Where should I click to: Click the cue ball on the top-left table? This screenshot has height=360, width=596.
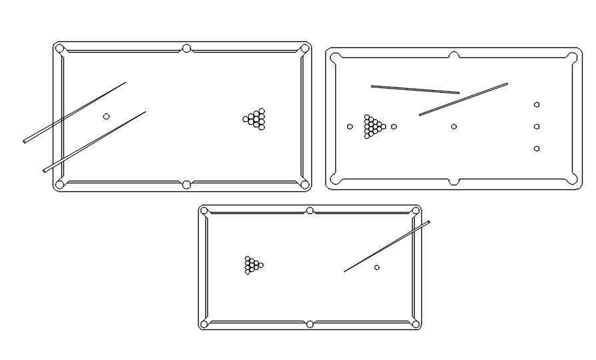pyautogui.click(x=106, y=117)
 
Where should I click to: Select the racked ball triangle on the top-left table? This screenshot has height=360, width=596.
pyautogui.click(x=255, y=119)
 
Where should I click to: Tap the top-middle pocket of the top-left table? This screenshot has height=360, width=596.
pyautogui.click(x=186, y=49)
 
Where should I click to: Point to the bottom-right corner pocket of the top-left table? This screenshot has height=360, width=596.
pyautogui.click(x=305, y=184)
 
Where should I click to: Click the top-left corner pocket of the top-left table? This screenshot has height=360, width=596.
pyautogui.click(x=60, y=49)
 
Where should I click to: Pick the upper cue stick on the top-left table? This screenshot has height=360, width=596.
pyautogui.click(x=75, y=112)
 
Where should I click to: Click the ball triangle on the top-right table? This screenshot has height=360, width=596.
pyautogui.click(x=373, y=126)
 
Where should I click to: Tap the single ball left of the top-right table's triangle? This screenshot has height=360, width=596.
pyautogui.click(x=350, y=127)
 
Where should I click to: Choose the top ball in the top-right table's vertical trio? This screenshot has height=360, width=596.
pyautogui.click(x=537, y=105)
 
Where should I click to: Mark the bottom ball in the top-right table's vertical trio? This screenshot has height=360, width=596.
pyautogui.click(x=537, y=149)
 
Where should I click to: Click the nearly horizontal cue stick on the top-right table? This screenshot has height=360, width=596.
pyautogui.click(x=415, y=89)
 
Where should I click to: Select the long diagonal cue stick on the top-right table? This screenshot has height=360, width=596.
pyautogui.click(x=463, y=99)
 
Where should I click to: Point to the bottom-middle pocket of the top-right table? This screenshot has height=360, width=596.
pyautogui.click(x=453, y=181)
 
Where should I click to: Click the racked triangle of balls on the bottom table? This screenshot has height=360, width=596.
pyautogui.click(x=253, y=265)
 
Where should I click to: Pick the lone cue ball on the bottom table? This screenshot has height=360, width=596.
pyautogui.click(x=377, y=267)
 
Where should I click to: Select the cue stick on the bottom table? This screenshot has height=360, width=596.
pyautogui.click(x=387, y=247)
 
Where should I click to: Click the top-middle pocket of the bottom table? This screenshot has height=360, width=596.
pyautogui.click(x=309, y=211)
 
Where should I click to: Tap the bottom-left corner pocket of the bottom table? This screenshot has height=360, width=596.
pyautogui.click(x=205, y=324)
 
